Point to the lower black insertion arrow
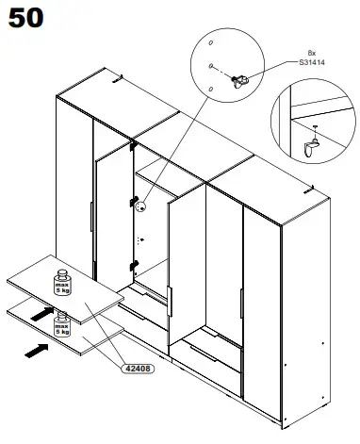tap(36, 350)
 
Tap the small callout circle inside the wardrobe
tap(139, 202)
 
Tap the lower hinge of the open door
tap(134, 264)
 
